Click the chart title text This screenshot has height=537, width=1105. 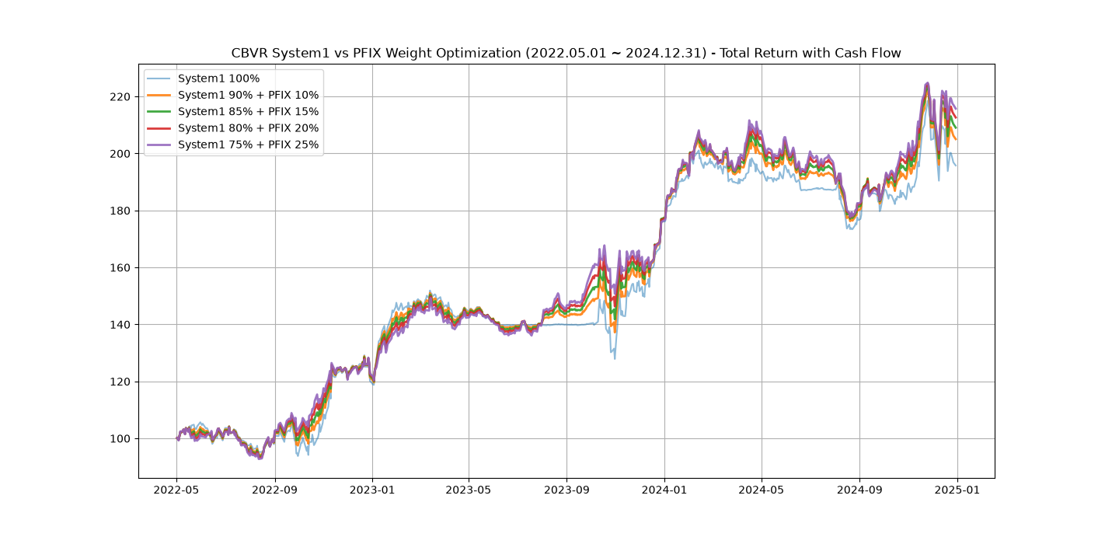coord(566,53)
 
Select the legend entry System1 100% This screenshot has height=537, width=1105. coord(218,78)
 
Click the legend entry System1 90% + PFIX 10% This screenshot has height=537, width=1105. coord(248,96)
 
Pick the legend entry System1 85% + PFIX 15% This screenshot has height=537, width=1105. coord(248,112)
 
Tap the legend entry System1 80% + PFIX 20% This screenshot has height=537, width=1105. coord(248,128)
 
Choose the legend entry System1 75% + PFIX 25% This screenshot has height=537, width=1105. coord(248,145)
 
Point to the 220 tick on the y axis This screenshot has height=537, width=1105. coord(120,96)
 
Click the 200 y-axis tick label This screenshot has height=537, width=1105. coord(120,154)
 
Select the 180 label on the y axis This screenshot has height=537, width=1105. coord(120,211)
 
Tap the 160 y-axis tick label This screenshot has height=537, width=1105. coord(120,268)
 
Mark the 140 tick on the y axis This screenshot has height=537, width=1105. coord(120,325)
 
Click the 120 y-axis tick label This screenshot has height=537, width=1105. coord(120,382)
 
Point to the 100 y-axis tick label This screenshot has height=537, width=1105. coord(120,439)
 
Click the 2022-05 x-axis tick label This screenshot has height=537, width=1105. coord(176,490)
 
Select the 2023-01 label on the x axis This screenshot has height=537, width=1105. coord(372,490)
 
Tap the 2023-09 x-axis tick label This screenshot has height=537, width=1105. coord(566,490)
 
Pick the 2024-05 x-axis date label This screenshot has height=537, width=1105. coord(762,490)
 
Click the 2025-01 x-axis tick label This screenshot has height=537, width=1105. coord(957,490)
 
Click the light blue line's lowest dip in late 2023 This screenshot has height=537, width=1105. coord(615,358)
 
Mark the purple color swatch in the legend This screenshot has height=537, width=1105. coord(159,145)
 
